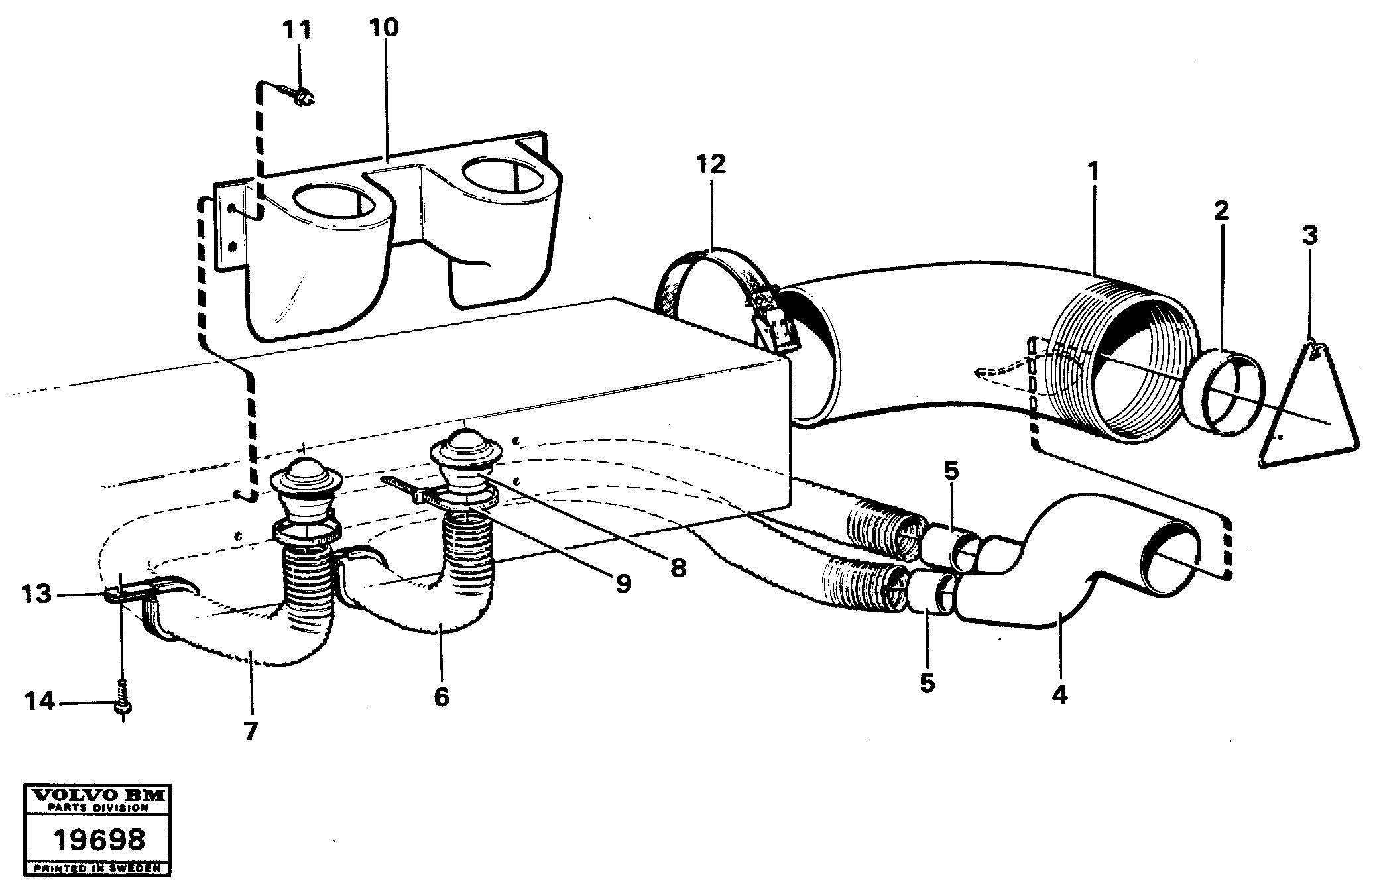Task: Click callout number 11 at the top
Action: point(296,31)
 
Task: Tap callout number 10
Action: point(385,28)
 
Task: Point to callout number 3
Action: point(1309,235)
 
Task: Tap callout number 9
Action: point(623,583)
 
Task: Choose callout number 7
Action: point(250,730)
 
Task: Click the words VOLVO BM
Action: point(99,795)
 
